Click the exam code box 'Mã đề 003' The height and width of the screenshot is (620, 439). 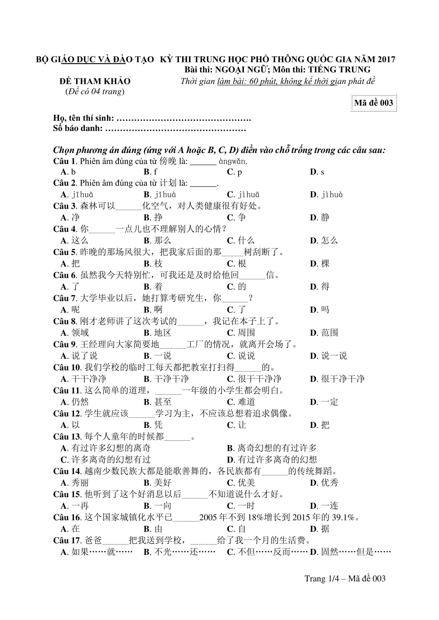373,103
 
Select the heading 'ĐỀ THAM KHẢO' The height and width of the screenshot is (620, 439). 95,81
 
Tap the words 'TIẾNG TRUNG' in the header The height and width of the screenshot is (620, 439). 339,70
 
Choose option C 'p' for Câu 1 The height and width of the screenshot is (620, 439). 235,172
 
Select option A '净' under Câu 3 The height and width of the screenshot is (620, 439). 71,217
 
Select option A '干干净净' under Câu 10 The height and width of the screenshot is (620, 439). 84,379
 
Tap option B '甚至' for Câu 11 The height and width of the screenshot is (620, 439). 158,402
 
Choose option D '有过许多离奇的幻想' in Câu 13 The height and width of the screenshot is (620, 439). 272,460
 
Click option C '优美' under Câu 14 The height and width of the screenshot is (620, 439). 241,482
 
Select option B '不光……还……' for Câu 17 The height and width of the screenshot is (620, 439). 180,552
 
